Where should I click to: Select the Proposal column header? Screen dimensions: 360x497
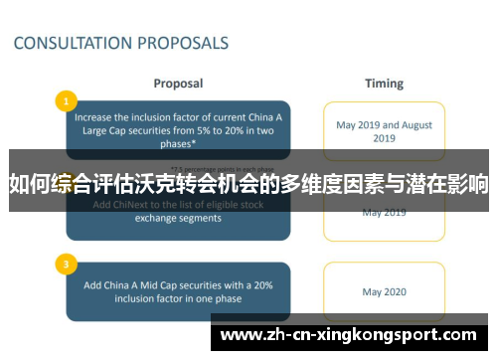(x=179, y=84)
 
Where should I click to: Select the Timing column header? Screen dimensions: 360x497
(x=384, y=84)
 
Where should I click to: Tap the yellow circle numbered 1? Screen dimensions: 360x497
(x=66, y=100)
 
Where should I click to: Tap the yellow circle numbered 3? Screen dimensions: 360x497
(x=66, y=265)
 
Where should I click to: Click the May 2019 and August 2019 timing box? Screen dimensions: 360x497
(x=384, y=132)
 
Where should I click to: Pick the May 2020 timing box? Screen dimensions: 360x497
(x=384, y=292)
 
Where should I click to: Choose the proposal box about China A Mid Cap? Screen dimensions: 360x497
(x=179, y=291)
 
